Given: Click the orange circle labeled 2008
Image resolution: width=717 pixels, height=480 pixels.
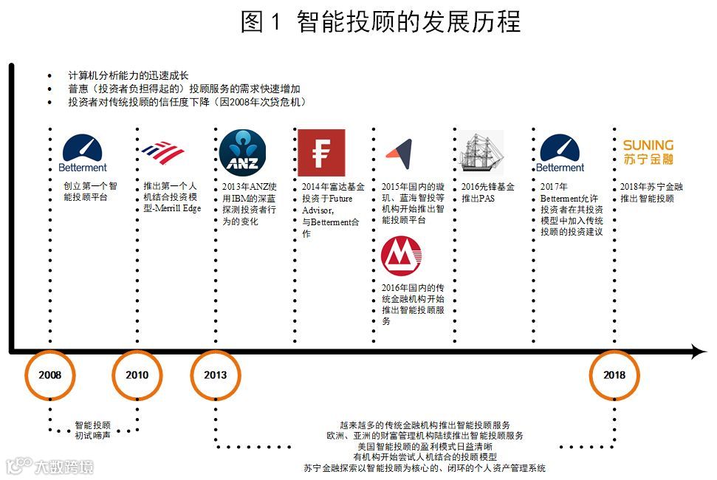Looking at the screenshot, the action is coord(50,374).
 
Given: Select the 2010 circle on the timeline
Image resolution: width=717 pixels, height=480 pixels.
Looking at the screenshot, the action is coord(137,374).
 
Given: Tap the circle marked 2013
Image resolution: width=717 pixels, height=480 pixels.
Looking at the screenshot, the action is coord(216,374).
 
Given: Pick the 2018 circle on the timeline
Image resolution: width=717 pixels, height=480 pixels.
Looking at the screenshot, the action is coord(614,374).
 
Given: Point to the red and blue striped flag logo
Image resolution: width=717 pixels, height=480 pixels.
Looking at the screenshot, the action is coord(162,152).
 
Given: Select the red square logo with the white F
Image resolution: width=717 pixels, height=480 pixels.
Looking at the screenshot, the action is coord(321,153).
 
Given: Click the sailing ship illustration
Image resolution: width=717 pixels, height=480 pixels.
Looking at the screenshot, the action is coord(481,153).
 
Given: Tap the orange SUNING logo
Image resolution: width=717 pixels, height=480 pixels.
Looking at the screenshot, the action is coord(648,151).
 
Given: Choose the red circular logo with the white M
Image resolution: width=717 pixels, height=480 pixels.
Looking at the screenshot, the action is coord(402,256).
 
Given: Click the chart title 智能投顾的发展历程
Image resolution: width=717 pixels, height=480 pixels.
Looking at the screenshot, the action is coord(409,22).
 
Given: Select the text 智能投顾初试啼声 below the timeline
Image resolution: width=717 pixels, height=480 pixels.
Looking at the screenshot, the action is coord(93,431).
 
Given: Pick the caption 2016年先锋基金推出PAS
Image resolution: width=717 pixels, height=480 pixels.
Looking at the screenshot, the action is coord(487,193).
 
